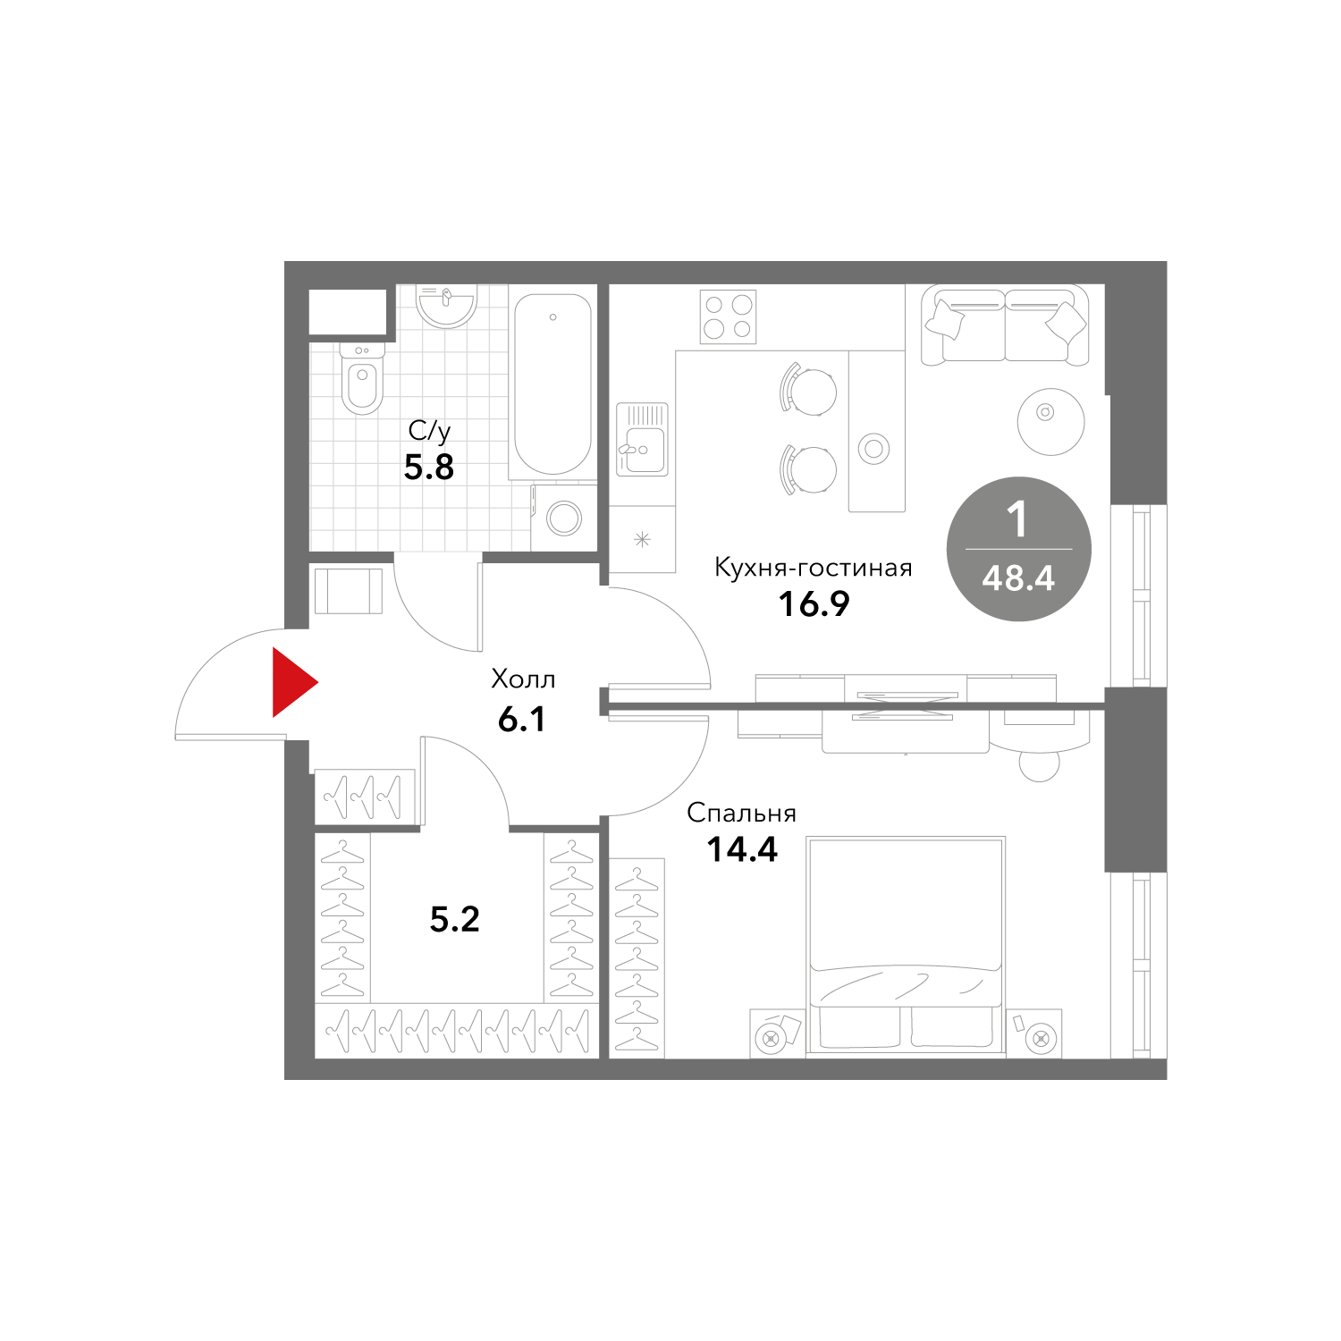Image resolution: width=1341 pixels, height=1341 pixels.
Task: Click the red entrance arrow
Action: tap(293, 683)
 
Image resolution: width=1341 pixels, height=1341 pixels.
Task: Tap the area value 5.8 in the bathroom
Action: tap(429, 468)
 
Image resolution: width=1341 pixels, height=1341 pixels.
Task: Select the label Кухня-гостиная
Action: tap(813, 568)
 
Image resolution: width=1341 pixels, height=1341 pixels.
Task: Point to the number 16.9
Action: tap(814, 604)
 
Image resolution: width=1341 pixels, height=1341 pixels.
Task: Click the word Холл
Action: tap(523, 679)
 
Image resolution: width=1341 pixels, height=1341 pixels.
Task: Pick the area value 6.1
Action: tap(522, 719)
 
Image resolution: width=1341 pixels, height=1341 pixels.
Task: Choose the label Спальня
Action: tap(741, 813)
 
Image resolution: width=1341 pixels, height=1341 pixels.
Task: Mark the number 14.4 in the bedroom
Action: tap(742, 849)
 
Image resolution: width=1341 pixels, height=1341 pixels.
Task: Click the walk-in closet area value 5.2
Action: tap(455, 919)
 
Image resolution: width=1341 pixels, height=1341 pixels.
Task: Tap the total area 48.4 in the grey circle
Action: tap(1018, 578)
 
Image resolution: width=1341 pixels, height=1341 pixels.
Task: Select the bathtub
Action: tap(552, 384)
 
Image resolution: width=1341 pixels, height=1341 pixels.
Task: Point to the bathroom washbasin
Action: tap(446, 306)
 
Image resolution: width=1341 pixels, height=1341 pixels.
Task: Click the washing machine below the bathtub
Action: tap(564, 517)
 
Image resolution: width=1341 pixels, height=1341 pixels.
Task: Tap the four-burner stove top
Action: tap(728, 317)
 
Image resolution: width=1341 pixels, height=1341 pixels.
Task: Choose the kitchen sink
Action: tap(642, 439)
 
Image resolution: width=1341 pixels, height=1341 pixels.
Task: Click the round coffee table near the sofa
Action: tap(1050, 421)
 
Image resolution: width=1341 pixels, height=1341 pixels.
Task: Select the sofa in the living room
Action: tap(1005, 325)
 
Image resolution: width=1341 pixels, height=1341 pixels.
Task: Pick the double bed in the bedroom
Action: tap(906, 946)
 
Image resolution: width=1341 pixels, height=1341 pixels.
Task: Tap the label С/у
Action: tap(429, 431)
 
